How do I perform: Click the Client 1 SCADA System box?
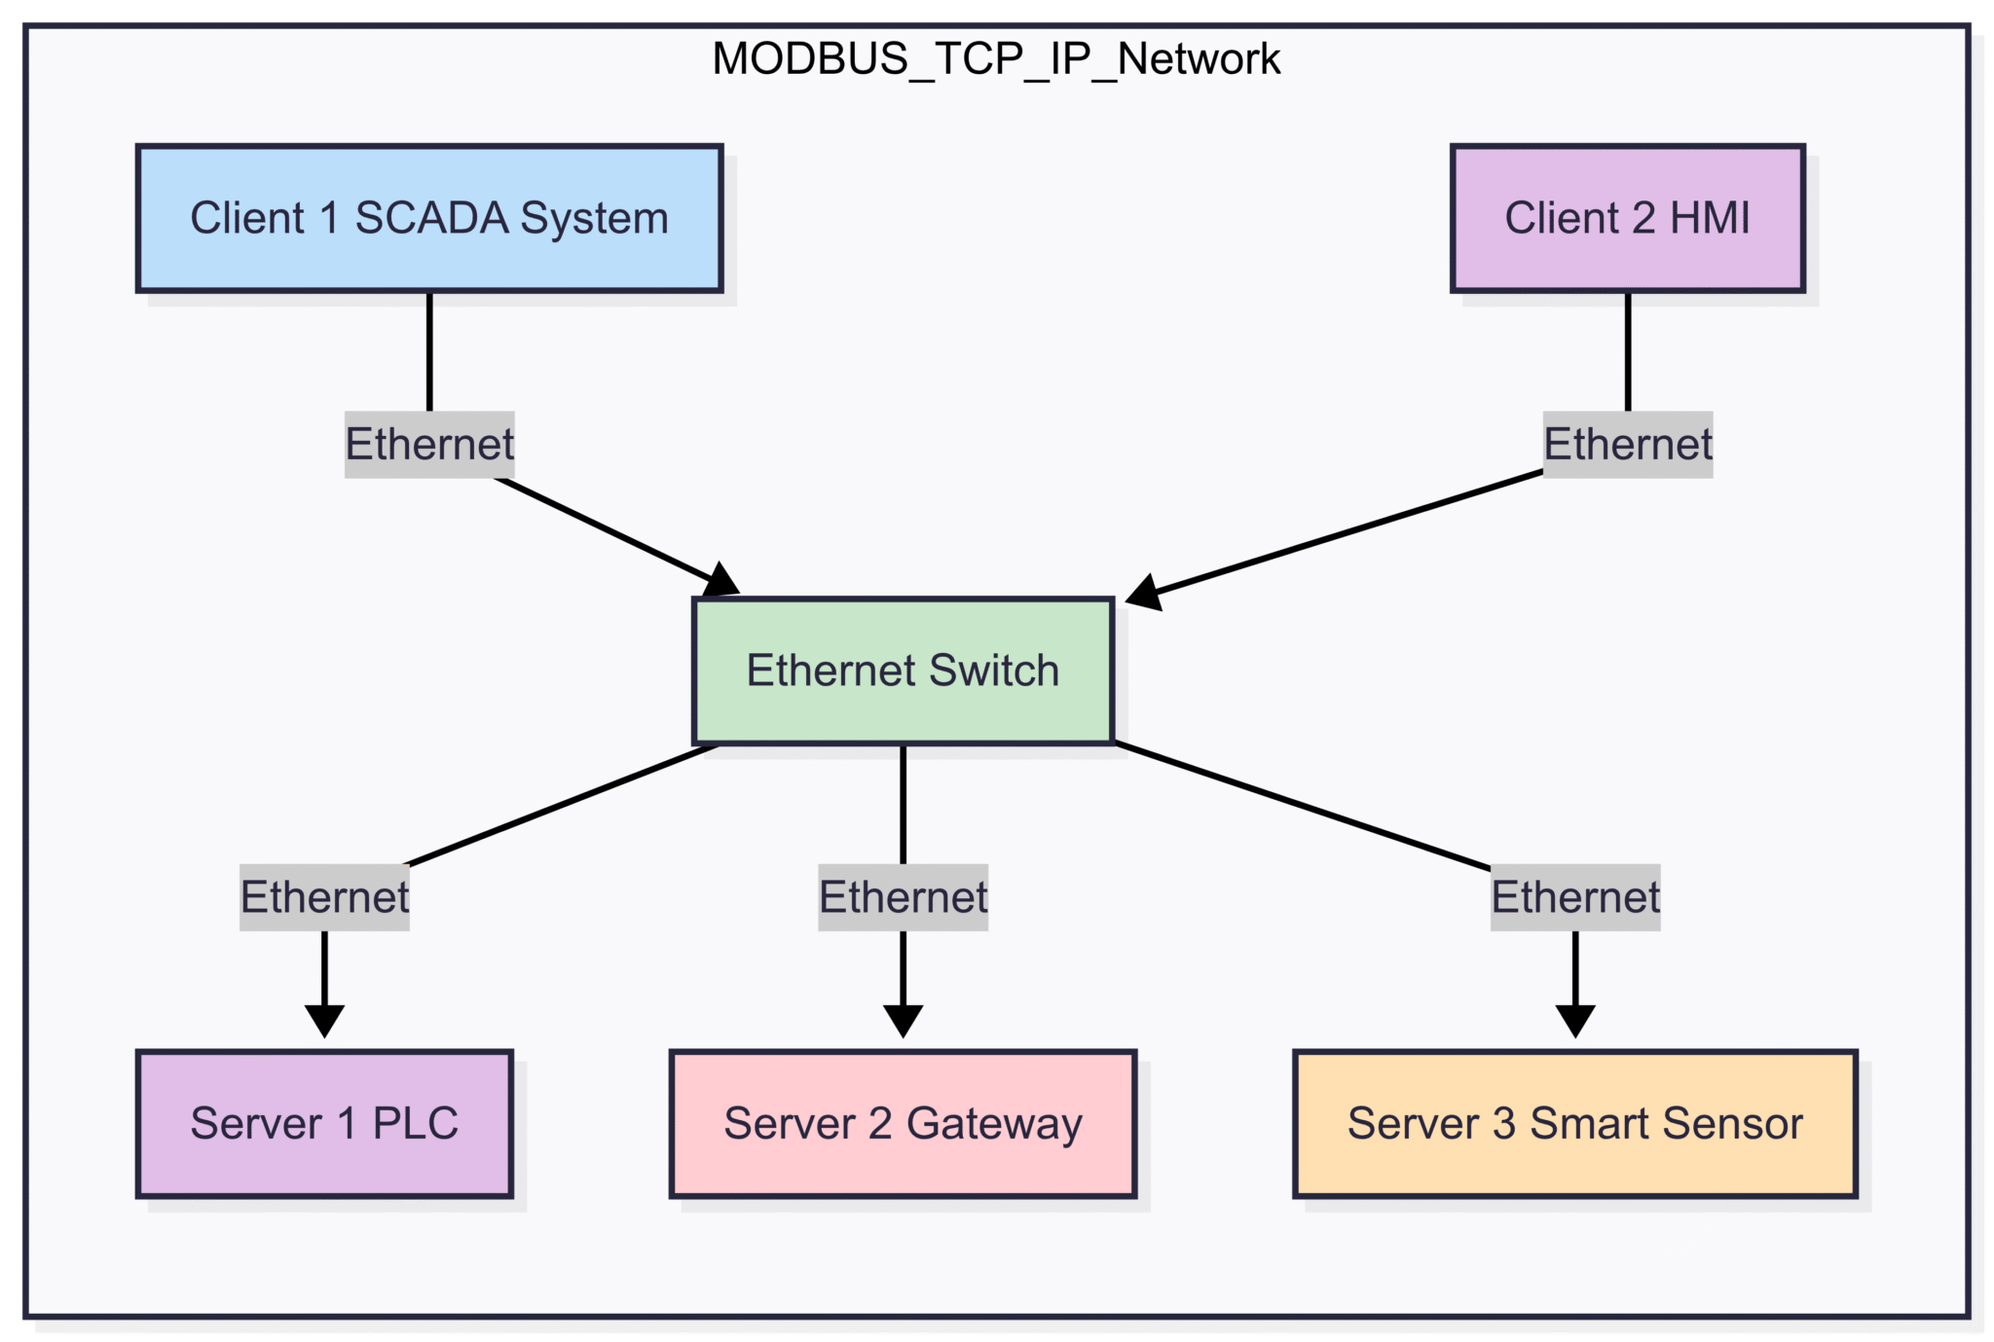click(428, 218)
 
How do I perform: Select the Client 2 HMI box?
click(1627, 218)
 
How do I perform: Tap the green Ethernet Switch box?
click(903, 671)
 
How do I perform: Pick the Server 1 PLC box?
click(324, 1123)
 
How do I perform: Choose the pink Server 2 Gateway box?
click(903, 1123)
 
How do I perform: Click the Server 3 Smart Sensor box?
click(1574, 1123)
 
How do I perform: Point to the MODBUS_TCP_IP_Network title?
click(995, 59)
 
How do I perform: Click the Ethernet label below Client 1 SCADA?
click(429, 445)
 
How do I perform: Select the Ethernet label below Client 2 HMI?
click(1627, 445)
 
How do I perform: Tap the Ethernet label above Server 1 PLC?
click(324, 897)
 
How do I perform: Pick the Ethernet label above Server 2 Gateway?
click(903, 897)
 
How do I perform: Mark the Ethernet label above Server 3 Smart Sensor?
click(1574, 897)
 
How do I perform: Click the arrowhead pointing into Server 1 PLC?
click(324, 1021)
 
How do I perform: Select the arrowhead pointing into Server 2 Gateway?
click(903, 1021)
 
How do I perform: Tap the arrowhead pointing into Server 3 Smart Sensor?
click(1574, 1021)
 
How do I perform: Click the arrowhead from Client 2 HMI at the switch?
click(1145, 593)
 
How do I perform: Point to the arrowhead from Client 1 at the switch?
click(721, 581)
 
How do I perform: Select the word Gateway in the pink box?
click(993, 1125)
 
